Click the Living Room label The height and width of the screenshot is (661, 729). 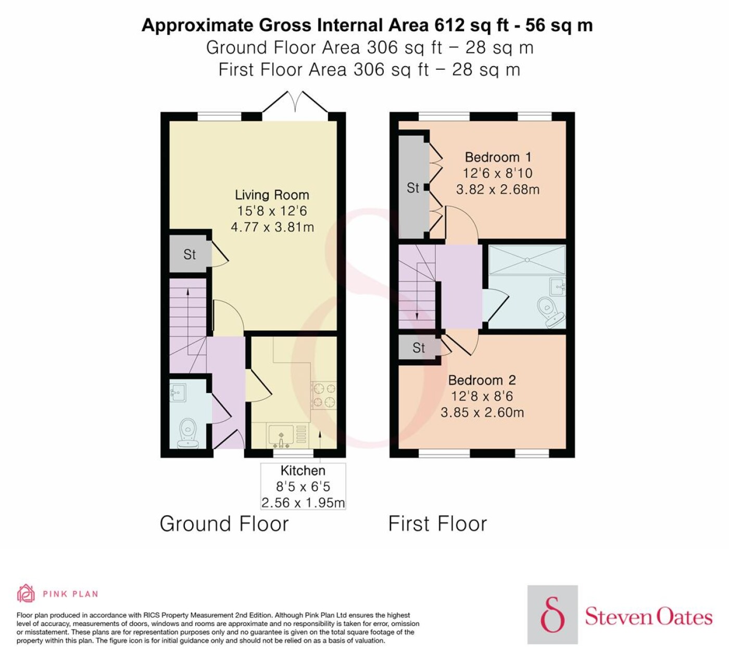click(272, 195)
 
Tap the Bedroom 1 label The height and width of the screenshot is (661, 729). click(498, 157)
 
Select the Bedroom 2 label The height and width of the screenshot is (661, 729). click(482, 380)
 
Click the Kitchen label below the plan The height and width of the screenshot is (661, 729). click(303, 471)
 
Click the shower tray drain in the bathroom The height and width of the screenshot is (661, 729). click(527, 260)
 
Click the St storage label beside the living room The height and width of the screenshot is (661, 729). click(190, 255)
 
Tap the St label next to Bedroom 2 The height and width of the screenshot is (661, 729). click(418, 348)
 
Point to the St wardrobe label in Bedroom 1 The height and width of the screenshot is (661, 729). click(412, 188)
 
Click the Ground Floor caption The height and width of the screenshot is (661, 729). click(224, 524)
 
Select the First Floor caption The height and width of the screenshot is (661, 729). click(437, 524)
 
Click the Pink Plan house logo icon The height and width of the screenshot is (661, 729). click(26, 593)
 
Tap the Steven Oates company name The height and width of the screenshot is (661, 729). click(648, 618)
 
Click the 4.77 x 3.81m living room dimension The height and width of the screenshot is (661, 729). click(272, 227)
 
